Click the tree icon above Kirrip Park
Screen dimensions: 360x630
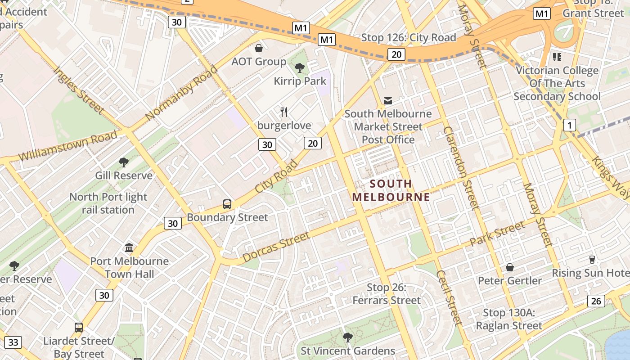tap(299, 68)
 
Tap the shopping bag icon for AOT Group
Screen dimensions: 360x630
tap(259, 48)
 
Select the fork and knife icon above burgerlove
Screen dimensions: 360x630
tap(284, 112)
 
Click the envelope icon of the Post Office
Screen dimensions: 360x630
tap(388, 100)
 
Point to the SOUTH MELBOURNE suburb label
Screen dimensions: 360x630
tap(391, 190)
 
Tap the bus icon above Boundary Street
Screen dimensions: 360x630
tap(227, 204)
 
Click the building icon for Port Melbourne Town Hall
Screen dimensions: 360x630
tap(129, 248)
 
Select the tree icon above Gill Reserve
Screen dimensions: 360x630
tap(124, 162)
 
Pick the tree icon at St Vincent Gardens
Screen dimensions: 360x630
tap(347, 337)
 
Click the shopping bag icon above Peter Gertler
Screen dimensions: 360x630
tap(510, 268)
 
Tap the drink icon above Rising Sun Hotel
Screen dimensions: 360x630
tap(592, 260)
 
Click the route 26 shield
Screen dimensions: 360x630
tap(596, 301)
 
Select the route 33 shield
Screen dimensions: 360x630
tap(13, 342)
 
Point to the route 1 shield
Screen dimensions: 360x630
tap(570, 125)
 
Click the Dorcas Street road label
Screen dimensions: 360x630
tap(276, 247)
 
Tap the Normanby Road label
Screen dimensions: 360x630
tap(182, 93)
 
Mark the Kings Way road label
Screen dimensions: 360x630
tap(611, 178)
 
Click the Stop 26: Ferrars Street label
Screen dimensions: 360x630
tap(387, 294)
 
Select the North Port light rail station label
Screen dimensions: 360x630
tap(108, 203)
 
